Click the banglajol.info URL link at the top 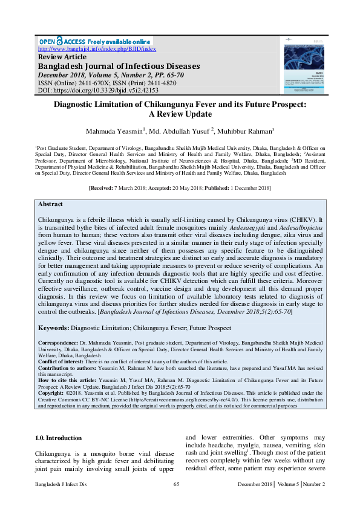pos(97,49)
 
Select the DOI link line pos(98,90)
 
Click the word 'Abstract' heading pos(50,204)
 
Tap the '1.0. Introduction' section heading pos(59,421)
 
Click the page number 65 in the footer pos(177,485)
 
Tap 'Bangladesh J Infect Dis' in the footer pos(61,485)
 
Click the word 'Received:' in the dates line pos(106,189)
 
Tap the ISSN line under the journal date pos(107,83)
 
